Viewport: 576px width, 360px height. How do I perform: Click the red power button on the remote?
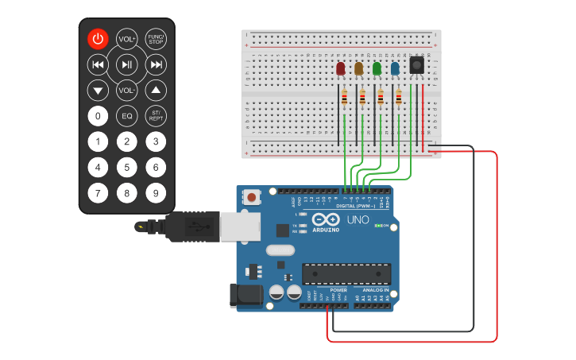pos(97,39)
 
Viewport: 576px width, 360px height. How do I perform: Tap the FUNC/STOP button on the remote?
pos(156,39)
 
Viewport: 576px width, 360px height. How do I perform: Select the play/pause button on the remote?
pos(126,64)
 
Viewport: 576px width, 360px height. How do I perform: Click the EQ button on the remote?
pos(126,116)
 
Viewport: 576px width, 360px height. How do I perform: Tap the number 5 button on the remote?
pos(126,167)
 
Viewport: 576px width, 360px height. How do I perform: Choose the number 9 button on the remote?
pos(156,192)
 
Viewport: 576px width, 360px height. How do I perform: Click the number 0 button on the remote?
pos(97,116)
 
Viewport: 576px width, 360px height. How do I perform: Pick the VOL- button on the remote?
pos(126,91)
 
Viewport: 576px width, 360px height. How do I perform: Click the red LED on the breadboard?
pos(341,69)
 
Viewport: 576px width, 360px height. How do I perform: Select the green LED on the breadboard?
pos(377,69)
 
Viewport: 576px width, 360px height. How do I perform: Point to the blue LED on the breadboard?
pos(395,69)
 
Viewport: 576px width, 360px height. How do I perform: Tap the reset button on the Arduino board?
pos(252,196)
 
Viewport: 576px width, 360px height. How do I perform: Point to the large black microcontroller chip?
pos(346,273)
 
